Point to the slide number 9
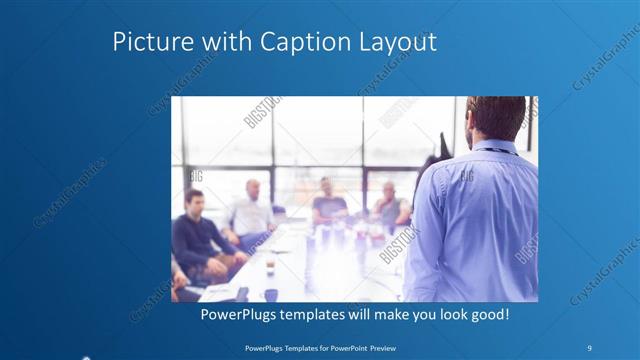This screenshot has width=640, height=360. (x=590, y=347)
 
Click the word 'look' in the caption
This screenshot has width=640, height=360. (x=447, y=314)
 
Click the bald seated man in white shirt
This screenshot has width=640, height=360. (x=250, y=210)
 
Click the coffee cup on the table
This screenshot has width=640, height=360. (x=270, y=266)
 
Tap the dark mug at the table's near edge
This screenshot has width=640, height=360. (x=270, y=294)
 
